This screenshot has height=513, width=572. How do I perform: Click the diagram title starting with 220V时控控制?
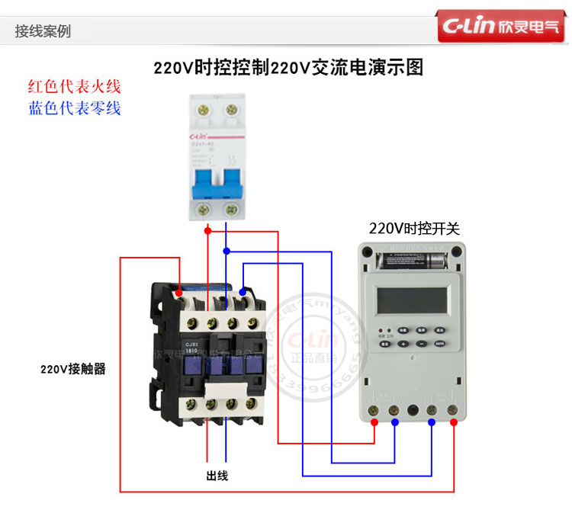[288, 68]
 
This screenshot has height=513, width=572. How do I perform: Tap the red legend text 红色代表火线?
[74, 87]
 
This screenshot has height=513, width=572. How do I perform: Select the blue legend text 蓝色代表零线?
[74, 108]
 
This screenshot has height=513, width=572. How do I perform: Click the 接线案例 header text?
[43, 31]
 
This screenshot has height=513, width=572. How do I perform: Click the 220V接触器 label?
[73, 370]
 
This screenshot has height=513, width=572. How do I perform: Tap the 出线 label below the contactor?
[217, 476]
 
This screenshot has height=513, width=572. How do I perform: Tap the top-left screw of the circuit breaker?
[204, 110]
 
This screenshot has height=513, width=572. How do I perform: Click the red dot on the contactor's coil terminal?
[178, 293]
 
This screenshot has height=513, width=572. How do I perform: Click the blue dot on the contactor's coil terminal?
[243, 291]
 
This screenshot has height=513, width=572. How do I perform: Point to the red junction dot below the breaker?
[207, 229]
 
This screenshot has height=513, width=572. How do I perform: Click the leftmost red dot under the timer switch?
[374, 421]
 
